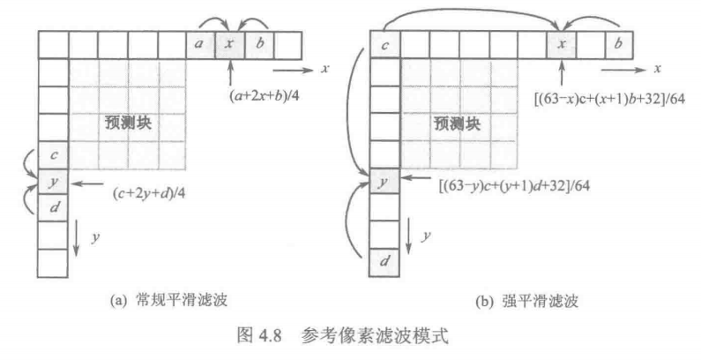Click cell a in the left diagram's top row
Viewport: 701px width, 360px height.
click(x=200, y=43)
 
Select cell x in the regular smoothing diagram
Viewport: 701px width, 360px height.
click(x=229, y=43)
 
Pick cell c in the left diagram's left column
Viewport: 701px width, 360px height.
click(x=55, y=156)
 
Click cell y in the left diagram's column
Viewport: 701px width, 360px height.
click(x=55, y=184)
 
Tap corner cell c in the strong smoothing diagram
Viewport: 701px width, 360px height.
click(x=384, y=43)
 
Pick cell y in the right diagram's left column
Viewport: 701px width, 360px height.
click(x=384, y=184)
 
